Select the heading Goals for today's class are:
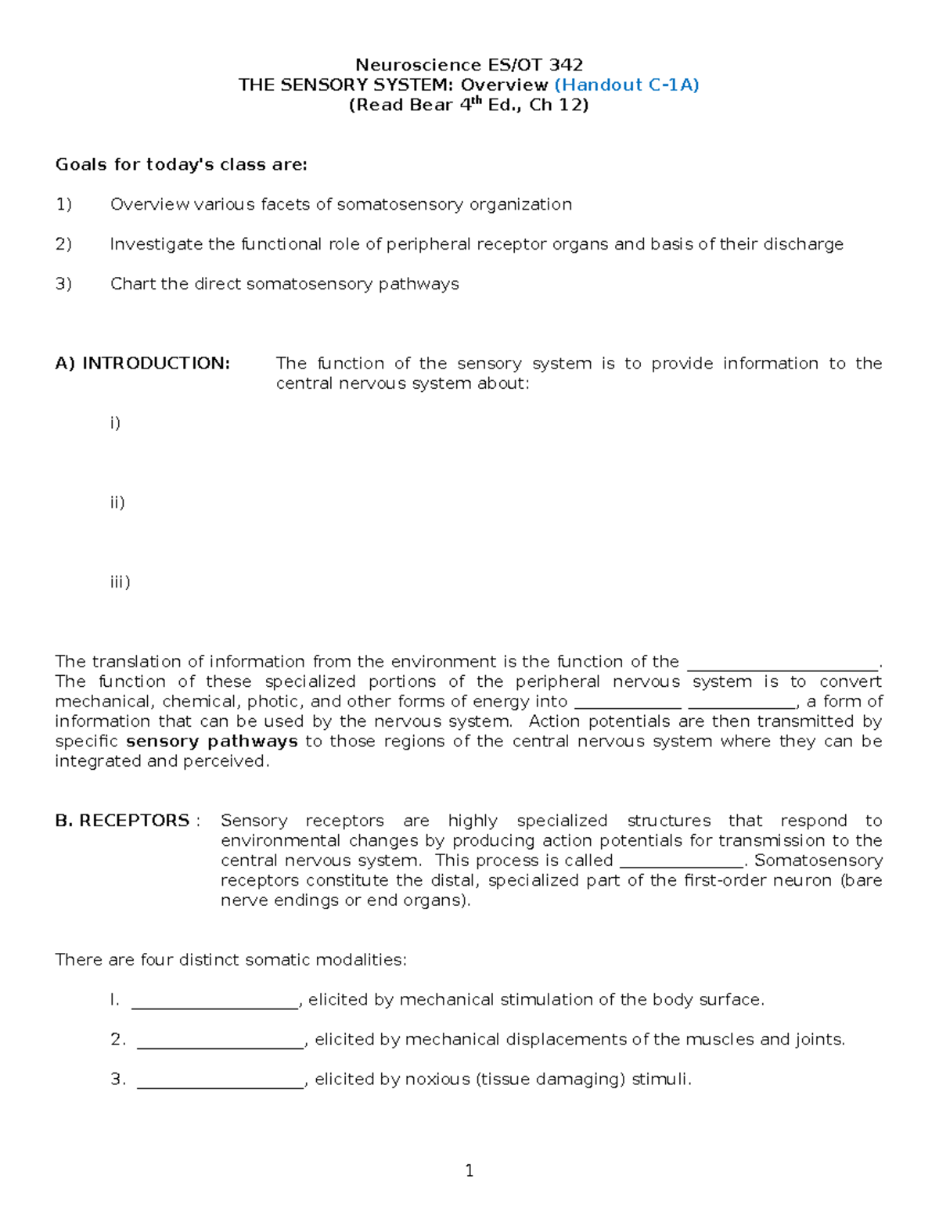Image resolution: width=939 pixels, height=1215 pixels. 181,164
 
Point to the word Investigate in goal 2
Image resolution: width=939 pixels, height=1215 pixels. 156,244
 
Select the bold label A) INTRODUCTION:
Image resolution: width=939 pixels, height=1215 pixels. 142,363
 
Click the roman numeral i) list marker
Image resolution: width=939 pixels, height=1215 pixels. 115,423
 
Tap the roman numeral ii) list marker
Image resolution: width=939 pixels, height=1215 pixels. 117,502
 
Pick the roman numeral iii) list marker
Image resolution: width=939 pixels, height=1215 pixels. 120,582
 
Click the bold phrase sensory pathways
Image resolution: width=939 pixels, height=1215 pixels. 212,741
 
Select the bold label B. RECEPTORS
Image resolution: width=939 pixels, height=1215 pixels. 122,821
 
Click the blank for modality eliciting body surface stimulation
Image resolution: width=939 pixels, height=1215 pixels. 215,1001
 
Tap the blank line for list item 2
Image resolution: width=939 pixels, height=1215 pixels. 220,1041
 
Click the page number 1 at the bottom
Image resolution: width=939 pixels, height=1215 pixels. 469,1171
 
